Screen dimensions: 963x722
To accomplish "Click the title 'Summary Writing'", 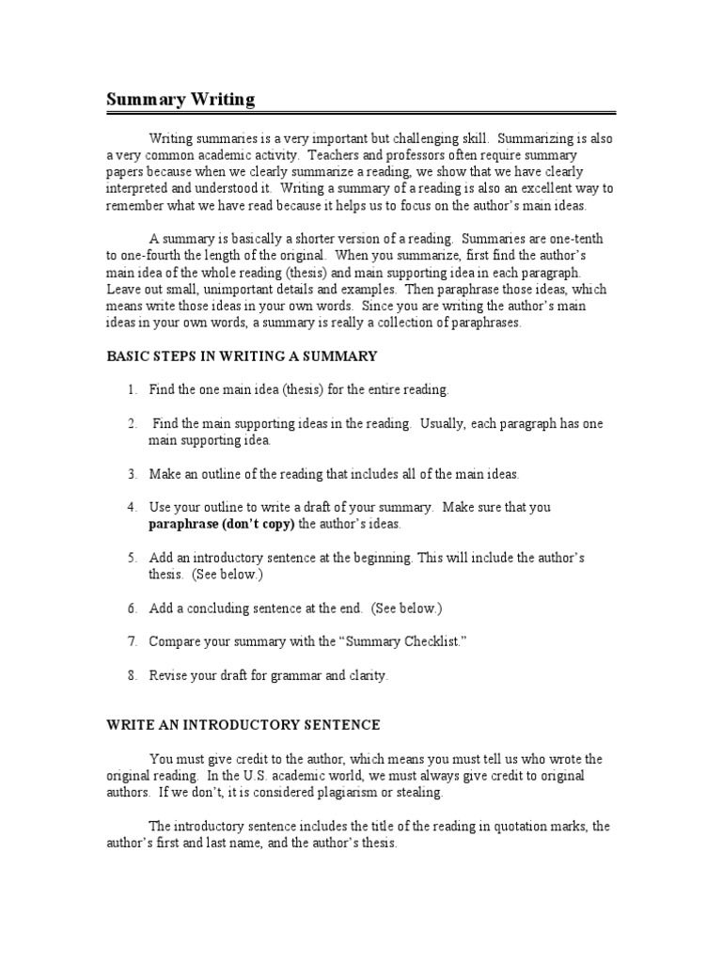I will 179,99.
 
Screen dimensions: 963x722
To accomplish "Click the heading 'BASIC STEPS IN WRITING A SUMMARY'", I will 242,355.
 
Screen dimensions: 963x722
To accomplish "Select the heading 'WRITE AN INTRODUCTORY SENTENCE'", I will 243,724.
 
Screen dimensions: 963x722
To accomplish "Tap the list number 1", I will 133,388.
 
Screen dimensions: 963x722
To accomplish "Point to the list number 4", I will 133,507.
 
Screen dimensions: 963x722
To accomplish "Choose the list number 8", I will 133,675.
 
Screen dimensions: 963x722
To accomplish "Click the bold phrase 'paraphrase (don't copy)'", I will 222,523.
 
